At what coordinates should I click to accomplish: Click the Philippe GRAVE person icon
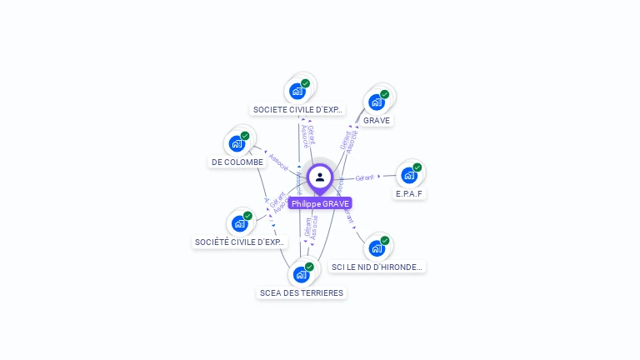pyautogui.click(x=320, y=177)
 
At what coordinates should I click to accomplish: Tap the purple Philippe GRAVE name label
pyautogui.click(x=320, y=203)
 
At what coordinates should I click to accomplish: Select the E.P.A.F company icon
pyautogui.click(x=408, y=175)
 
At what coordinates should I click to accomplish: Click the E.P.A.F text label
pyautogui.click(x=409, y=193)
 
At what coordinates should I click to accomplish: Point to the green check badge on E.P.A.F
pyautogui.click(x=417, y=167)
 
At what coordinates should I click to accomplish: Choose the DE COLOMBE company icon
pyautogui.click(x=237, y=143)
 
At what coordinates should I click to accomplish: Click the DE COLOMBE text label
pyautogui.click(x=237, y=162)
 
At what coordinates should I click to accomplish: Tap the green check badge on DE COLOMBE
pyautogui.click(x=245, y=136)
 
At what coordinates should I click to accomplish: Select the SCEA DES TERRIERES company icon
pyautogui.click(x=301, y=274)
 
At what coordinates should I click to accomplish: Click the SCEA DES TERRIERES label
pyautogui.click(x=302, y=292)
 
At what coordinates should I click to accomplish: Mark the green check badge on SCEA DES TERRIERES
pyautogui.click(x=309, y=267)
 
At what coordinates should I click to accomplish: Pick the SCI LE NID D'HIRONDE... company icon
pyautogui.click(x=377, y=248)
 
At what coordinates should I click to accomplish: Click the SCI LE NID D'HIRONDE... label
pyautogui.click(x=377, y=267)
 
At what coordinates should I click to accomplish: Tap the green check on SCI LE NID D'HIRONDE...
pyautogui.click(x=386, y=240)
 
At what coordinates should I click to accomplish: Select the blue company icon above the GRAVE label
pyautogui.click(x=377, y=102)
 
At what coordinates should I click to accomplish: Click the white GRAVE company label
pyautogui.click(x=377, y=120)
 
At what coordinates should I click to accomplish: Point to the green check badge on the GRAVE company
pyautogui.click(x=385, y=94)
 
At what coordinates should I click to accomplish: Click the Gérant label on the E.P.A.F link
pyautogui.click(x=364, y=177)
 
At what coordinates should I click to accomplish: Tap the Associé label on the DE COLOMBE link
pyautogui.click(x=278, y=161)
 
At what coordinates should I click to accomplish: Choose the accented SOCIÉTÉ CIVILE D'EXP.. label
pyautogui.click(x=240, y=242)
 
